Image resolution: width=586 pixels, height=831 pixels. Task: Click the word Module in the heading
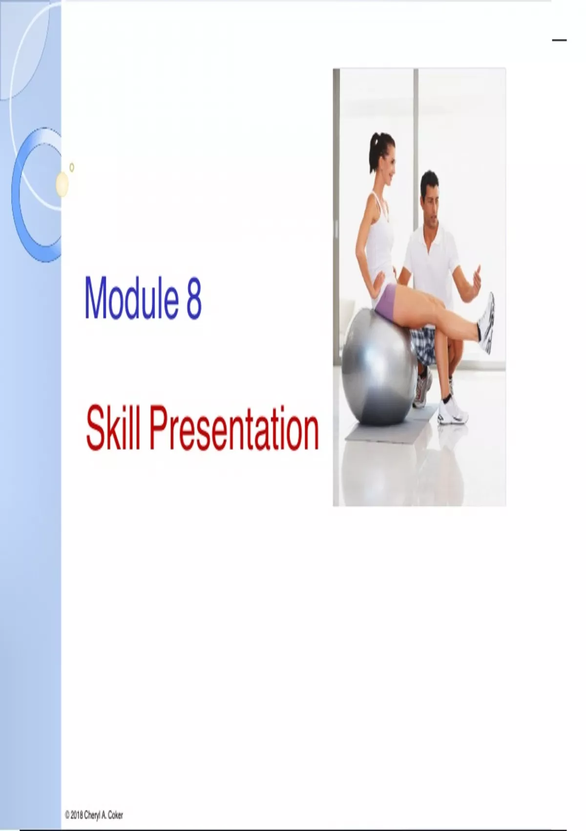click(131, 297)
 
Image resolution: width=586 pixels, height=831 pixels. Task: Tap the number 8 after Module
click(194, 298)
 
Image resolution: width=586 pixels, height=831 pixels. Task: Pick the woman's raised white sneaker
click(486, 323)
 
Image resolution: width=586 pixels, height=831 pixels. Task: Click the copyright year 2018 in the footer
click(76, 815)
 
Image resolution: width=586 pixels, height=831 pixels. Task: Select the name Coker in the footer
click(116, 815)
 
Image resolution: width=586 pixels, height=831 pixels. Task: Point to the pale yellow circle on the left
click(63, 184)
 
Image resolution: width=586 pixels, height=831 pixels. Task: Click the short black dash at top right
click(559, 40)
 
